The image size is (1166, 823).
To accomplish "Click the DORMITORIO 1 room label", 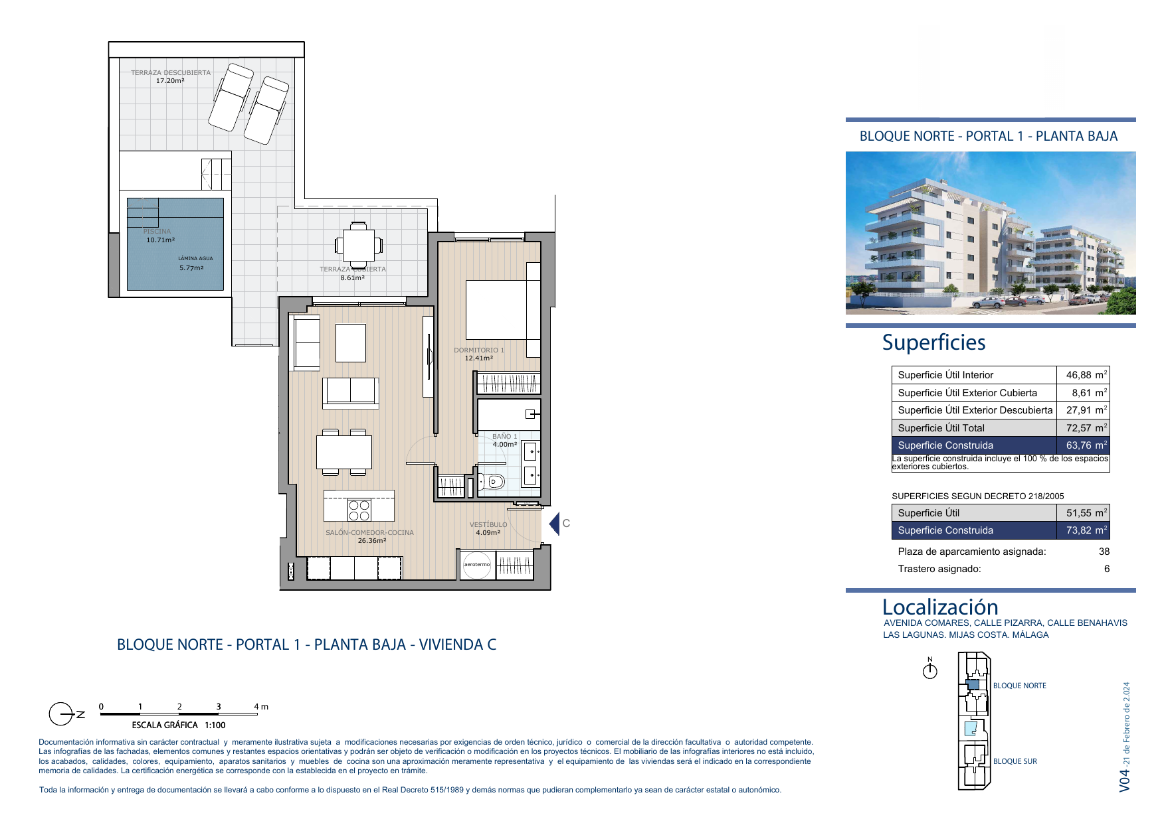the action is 479,350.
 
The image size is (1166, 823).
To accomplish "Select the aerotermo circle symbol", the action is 477,565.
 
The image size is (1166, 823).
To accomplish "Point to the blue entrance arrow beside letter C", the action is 554,524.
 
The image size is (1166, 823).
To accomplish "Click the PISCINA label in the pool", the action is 157,232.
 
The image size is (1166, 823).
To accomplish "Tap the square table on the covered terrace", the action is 359,245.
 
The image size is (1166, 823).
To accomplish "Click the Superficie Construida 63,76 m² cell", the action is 1001,445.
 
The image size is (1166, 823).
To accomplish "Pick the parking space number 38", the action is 1104,552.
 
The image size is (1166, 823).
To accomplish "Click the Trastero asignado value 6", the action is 1107,569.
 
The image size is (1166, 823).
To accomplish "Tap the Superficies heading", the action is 933,342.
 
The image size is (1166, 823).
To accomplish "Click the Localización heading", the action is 940,607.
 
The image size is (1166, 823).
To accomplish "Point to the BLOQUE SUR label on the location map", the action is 1015,761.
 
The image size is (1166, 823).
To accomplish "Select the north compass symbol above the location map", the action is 930,669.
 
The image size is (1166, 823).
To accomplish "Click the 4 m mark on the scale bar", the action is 261,707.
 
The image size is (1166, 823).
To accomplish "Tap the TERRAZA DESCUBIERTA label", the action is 171,73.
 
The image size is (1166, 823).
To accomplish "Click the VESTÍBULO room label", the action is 488,525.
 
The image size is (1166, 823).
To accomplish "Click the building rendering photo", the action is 991,233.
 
